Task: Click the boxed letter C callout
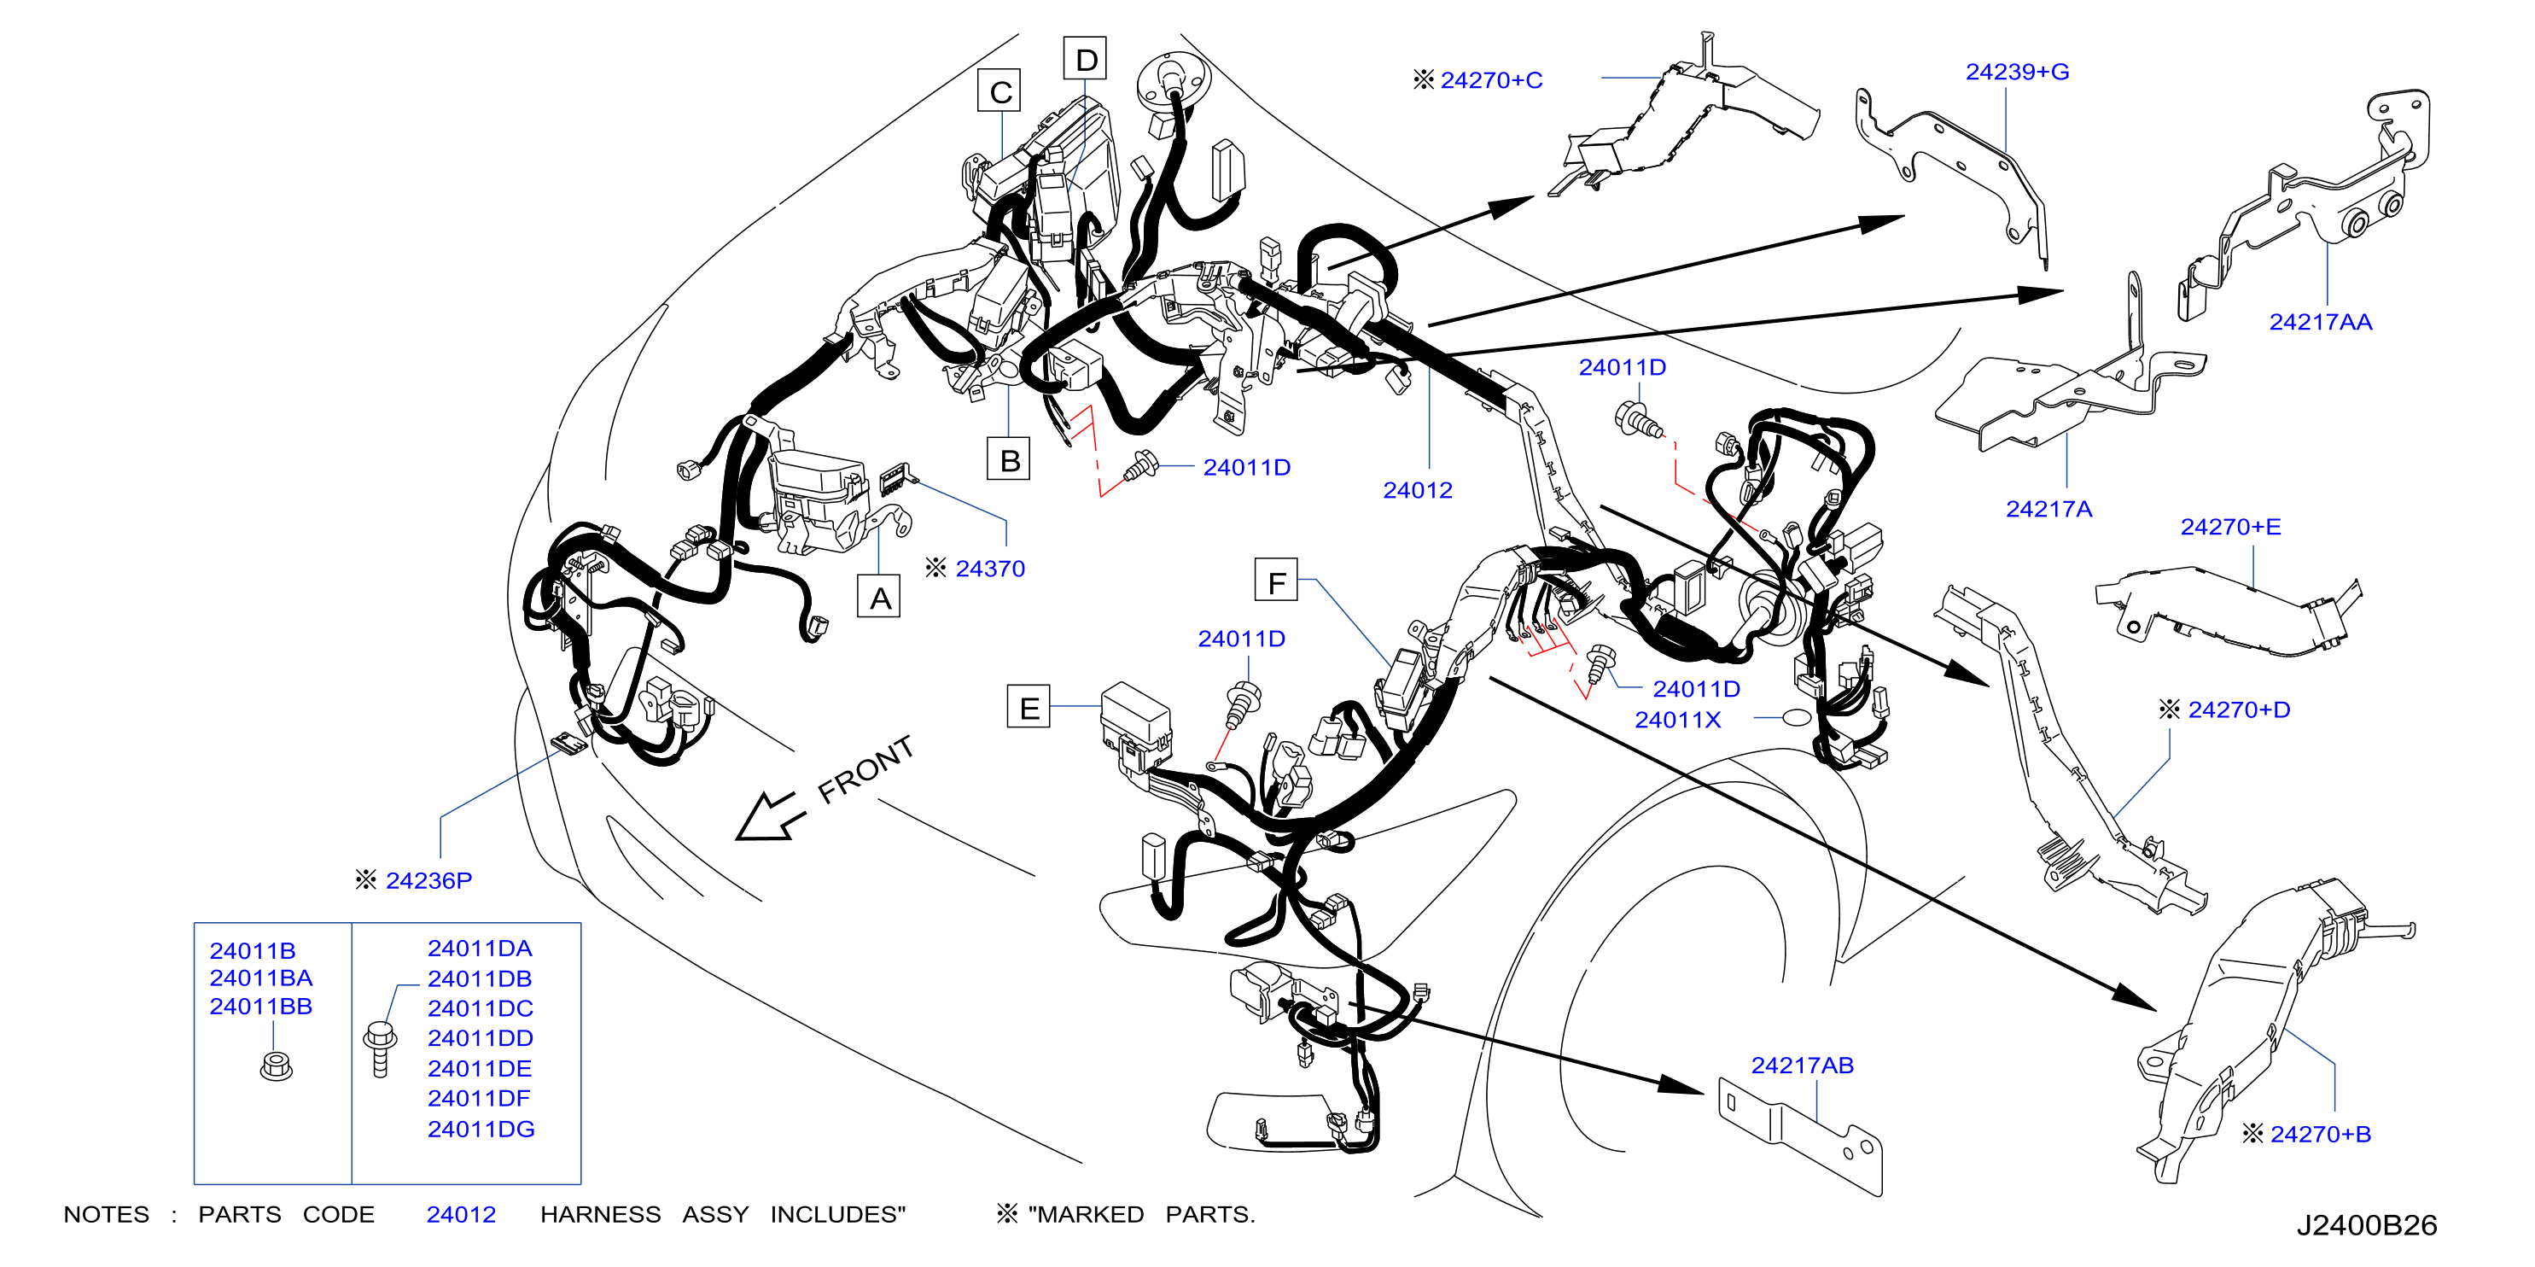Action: [x=999, y=90]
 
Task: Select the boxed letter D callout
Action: [x=1086, y=59]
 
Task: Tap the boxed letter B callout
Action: [x=1009, y=459]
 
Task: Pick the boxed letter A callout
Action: [x=879, y=597]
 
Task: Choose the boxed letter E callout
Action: [x=1029, y=707]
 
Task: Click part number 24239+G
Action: [x=2018, y=72]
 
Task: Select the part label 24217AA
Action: [x=2321, y=322]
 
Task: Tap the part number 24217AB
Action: [x=1802, y=1066]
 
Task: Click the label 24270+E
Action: [x=2231, y=527]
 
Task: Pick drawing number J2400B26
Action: [x=2367, y=1226]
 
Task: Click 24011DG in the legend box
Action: [x=481, y=1130]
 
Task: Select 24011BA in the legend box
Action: [x=261, y=978]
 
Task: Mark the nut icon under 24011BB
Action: [x=277, y=1066]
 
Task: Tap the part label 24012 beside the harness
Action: [x=1417, y=490]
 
